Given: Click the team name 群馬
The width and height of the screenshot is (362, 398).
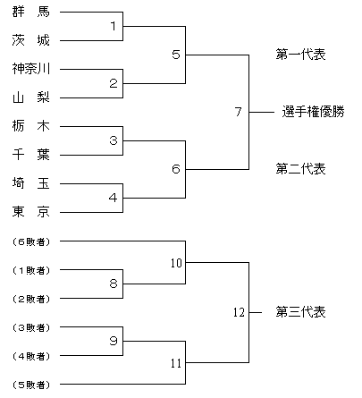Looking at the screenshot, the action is point(31,12).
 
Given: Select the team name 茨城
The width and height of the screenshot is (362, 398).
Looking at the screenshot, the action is point(31,40).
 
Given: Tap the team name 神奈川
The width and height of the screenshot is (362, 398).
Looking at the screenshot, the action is point(31,69).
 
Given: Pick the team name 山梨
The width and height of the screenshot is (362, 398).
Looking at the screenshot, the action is point(31,97).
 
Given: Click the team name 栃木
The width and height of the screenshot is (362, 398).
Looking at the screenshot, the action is point(31,126).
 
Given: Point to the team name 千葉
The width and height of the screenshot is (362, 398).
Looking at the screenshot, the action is point(31,155).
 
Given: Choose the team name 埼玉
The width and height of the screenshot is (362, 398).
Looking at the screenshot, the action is point(31,183).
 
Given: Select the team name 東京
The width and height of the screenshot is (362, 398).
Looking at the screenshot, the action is point(31,212).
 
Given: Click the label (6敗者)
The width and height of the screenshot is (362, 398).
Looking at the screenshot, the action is point(31,241).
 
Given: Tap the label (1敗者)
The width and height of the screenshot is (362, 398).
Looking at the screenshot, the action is point(31,270).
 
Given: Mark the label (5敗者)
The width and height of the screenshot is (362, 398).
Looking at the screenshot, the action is point(31,385).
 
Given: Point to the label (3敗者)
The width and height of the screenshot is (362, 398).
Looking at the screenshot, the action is point(31,327).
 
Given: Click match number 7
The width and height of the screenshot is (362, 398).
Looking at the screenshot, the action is point(238,112).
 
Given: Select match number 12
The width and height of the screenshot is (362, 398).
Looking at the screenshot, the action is point(239,312).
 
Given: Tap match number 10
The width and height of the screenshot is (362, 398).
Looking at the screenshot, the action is point(176,263).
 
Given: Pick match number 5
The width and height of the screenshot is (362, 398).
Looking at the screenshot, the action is point(176,55).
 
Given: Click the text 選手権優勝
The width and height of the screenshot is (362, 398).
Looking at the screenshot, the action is point(313,112).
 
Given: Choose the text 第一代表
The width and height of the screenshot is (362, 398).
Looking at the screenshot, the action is point(300,55).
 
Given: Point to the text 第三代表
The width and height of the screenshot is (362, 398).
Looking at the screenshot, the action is point(300,312).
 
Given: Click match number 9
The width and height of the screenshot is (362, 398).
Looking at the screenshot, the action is point(114,341).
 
